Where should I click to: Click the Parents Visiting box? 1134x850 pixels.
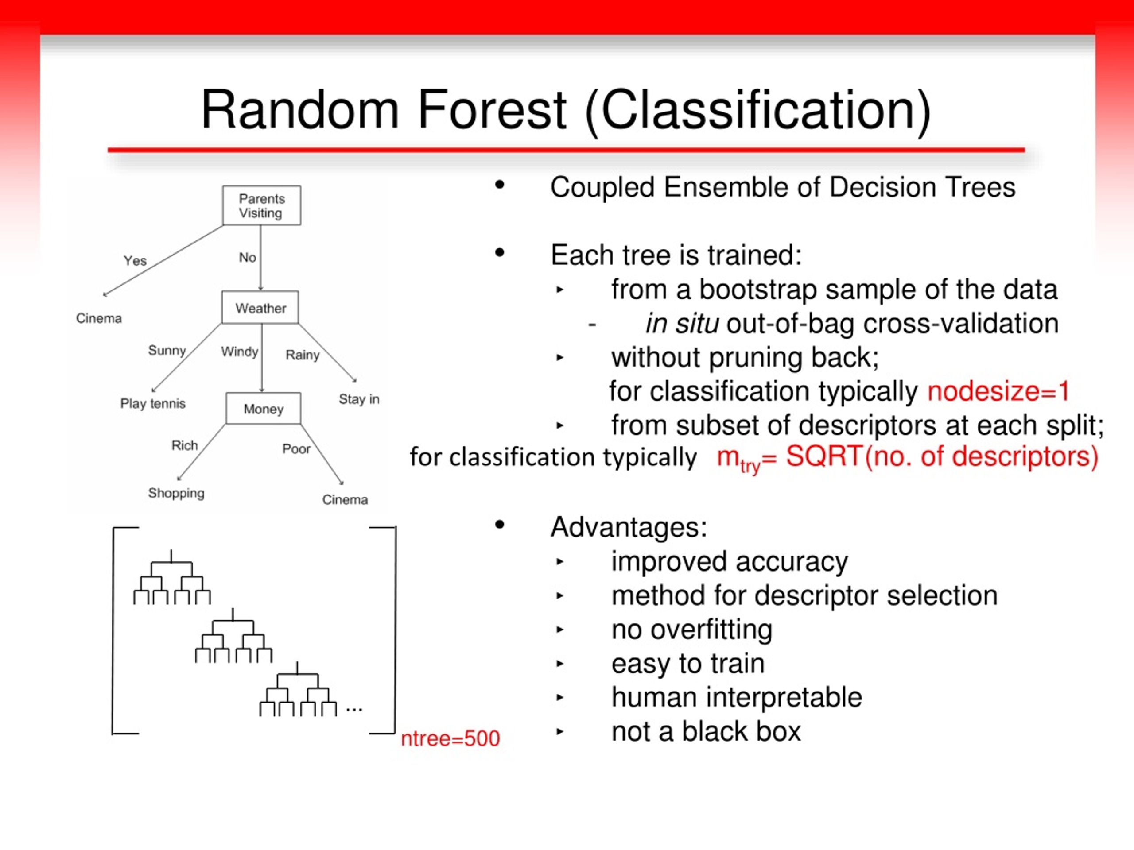click(x=261, y=205)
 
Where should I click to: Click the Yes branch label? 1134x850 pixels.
click(x=135, y=261)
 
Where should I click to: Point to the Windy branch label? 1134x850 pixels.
click(x=239, y=352)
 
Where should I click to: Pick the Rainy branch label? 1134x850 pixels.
click(x=303, y=355)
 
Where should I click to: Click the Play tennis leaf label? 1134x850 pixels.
click(x=153, y=404)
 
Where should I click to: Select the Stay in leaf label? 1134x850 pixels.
click(x=359, y=399)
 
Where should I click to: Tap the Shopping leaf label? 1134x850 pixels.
click(x=176, y=493)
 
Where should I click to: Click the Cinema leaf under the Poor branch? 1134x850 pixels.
click(x=345, y=499)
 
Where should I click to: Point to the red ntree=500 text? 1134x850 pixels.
click(x=450, y=738)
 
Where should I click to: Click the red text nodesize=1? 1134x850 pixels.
click(x=998, y=391)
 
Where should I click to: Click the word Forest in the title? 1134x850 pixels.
click(x=492, y=110)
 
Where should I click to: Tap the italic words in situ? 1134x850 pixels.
click(x=681, y=324)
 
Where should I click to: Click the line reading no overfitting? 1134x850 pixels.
click(x=691, y=629)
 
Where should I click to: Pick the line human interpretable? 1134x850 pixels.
click(x=737, y=697)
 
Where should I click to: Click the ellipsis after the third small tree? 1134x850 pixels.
click(x=354, y=710)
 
